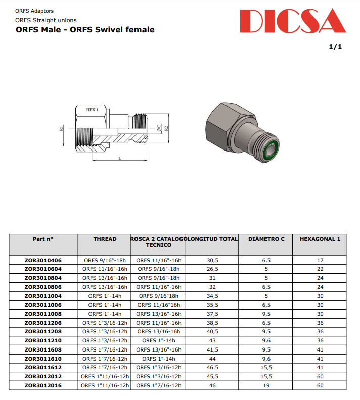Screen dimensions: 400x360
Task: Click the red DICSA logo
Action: click(292, 22)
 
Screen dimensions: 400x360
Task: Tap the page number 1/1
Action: click(335, 47)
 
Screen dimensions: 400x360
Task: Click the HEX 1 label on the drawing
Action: click(92, 110)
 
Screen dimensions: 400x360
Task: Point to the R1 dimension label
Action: click(61, 129)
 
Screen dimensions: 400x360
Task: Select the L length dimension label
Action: click(120, 158)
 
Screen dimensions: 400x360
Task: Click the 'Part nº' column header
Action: click(43, 239)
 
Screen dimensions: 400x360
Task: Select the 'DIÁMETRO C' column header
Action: click(266, 239)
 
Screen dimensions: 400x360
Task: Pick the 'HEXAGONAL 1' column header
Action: click(320, 239)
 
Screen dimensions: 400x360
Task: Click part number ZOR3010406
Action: click(43, 260)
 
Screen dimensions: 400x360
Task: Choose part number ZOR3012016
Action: click(43, 385)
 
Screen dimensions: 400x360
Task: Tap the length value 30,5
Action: click(212, 260)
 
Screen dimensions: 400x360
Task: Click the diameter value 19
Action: click(266, 385)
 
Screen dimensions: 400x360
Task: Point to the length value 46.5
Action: click(212, 368)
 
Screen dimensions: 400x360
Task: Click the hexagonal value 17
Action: click(320, 260)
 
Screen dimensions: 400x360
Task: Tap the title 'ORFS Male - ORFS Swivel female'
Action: click(85, 30)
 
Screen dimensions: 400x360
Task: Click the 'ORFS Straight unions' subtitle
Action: click(46, 20)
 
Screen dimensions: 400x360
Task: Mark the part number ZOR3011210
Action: click(43, 341)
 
